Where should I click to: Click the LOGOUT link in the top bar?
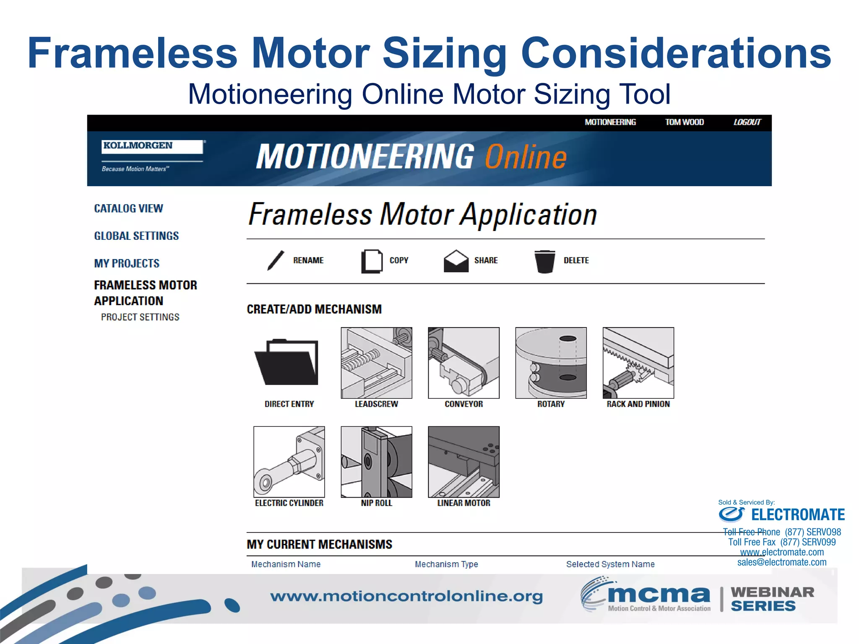point(747,122)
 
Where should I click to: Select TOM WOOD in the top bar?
point(684,122)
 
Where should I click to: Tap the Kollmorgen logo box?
point(153,146)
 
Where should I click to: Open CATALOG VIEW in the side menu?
point(128,208)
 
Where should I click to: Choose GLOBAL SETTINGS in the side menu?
point(136,236)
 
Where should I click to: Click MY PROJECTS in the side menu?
point(127,263)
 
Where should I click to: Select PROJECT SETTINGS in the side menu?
point(140,317)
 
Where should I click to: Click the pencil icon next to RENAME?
point(276,260)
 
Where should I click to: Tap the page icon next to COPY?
point(372,261)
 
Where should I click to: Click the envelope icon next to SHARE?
point(456,261)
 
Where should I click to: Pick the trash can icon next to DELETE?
point(544,261)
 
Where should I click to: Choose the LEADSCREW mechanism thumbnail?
point(376,363)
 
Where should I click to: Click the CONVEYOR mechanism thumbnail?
point(463,363)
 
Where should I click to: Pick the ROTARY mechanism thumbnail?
point(551,363)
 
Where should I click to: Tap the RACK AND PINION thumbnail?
point(638,363)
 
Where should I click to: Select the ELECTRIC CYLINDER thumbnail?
point(289,462)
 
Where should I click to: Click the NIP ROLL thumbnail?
point(376,462)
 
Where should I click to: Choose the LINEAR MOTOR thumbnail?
point(463,462)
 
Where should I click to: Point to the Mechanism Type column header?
point(446,564)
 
